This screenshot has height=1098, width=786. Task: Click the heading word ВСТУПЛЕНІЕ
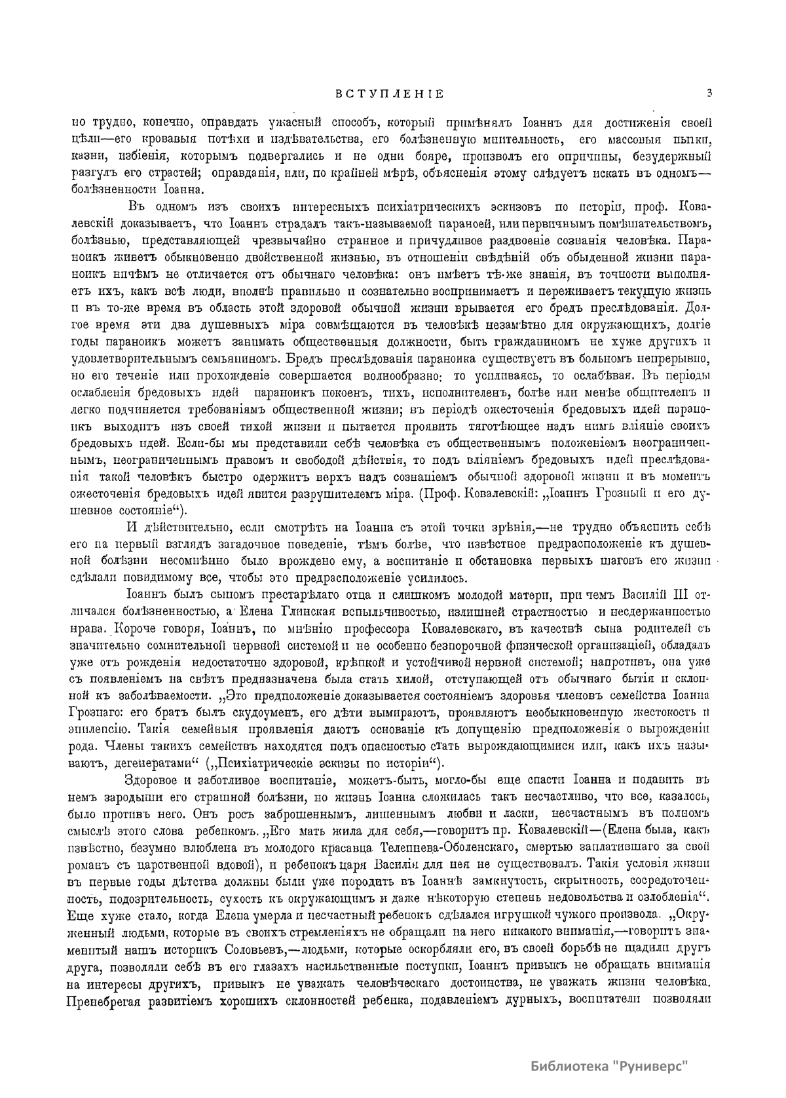pyautogui.click(x=390, y=94)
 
